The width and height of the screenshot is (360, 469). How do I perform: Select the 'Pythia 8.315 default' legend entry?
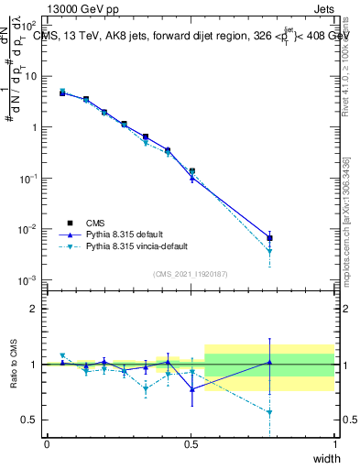click(127, 234)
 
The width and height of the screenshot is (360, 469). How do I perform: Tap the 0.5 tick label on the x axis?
click(191, 444)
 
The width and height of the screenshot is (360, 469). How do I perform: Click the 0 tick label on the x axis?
click(47, 444)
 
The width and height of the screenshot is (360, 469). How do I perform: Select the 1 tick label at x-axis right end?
click(334, 444)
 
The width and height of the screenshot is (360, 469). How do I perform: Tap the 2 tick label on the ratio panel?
click(34, 309)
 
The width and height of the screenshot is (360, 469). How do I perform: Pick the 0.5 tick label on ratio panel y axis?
click(30, 420)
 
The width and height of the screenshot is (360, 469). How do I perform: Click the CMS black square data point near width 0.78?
click(269, 238)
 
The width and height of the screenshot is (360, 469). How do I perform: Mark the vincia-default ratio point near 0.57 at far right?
click(269, 412)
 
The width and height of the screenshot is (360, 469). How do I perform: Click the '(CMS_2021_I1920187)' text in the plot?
click(190, 274)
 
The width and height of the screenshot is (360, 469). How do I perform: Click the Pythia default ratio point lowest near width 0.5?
click(191, 389)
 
